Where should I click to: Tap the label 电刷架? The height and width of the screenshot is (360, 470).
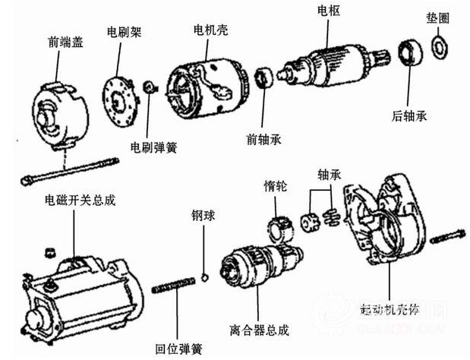[122, 33]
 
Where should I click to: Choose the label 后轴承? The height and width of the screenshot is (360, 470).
[409, 115]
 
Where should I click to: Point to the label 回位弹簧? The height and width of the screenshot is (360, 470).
[179, 349]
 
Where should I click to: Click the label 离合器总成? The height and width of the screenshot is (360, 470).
[258, 330]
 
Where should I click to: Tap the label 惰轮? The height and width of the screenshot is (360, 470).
[276, 185]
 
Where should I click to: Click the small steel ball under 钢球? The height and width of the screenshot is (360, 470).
[204, 274]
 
